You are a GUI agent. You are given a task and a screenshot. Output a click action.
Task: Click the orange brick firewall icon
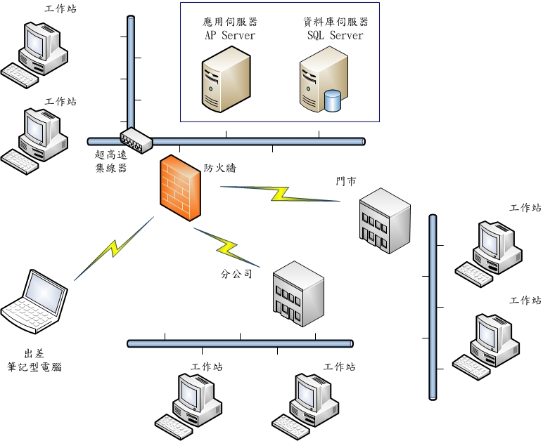(x=180, y=188)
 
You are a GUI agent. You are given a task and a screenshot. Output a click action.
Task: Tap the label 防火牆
(x=220, y=169)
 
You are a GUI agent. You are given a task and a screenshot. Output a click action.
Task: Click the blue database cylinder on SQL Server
(x=332, y=100)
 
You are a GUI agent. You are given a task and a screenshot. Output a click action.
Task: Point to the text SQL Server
(x=335, y=35)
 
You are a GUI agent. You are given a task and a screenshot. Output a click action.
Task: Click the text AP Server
(x=229, y=35)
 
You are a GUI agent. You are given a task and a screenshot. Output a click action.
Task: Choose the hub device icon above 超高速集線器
(x=136, y=140)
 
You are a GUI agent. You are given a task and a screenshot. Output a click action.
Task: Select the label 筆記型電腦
(x=34, y=367)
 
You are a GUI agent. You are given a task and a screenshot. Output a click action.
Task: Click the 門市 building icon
(x=384, y=220)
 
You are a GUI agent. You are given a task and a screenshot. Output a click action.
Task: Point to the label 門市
(x=346, y=182)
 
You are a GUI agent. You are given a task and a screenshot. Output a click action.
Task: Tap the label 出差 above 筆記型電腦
(x=34, y=353)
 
